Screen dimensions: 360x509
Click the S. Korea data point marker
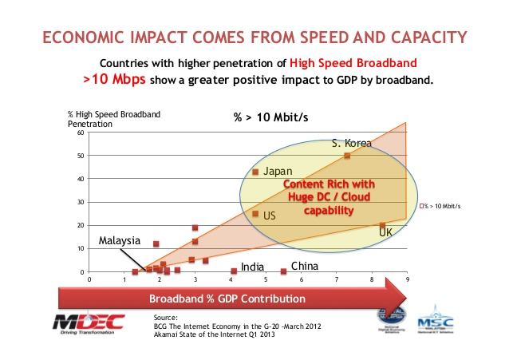point(346,156)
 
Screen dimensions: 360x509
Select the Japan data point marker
point(255,172)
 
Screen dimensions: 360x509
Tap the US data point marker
point(255,214)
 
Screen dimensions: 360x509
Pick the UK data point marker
point(382,226)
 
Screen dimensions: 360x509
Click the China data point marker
point(283,271)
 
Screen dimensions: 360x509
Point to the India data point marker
point(234,271)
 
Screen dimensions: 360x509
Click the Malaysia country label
point(120,240)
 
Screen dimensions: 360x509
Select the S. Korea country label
point(352,144)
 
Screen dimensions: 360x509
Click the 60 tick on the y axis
point(81,133)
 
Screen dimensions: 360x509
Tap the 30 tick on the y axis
point(81,202)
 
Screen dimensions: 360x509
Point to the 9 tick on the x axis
point(407,280)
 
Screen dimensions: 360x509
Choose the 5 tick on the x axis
point(266,280)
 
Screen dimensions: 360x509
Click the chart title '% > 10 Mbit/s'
point(270,118)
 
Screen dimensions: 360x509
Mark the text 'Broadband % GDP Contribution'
point(216,299)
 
